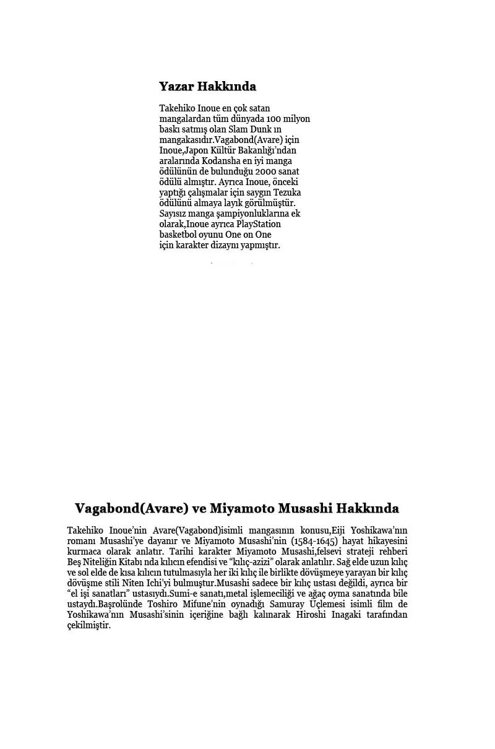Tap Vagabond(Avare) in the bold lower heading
click(x=131, y=508)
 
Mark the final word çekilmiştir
click(x=88, y=625)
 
